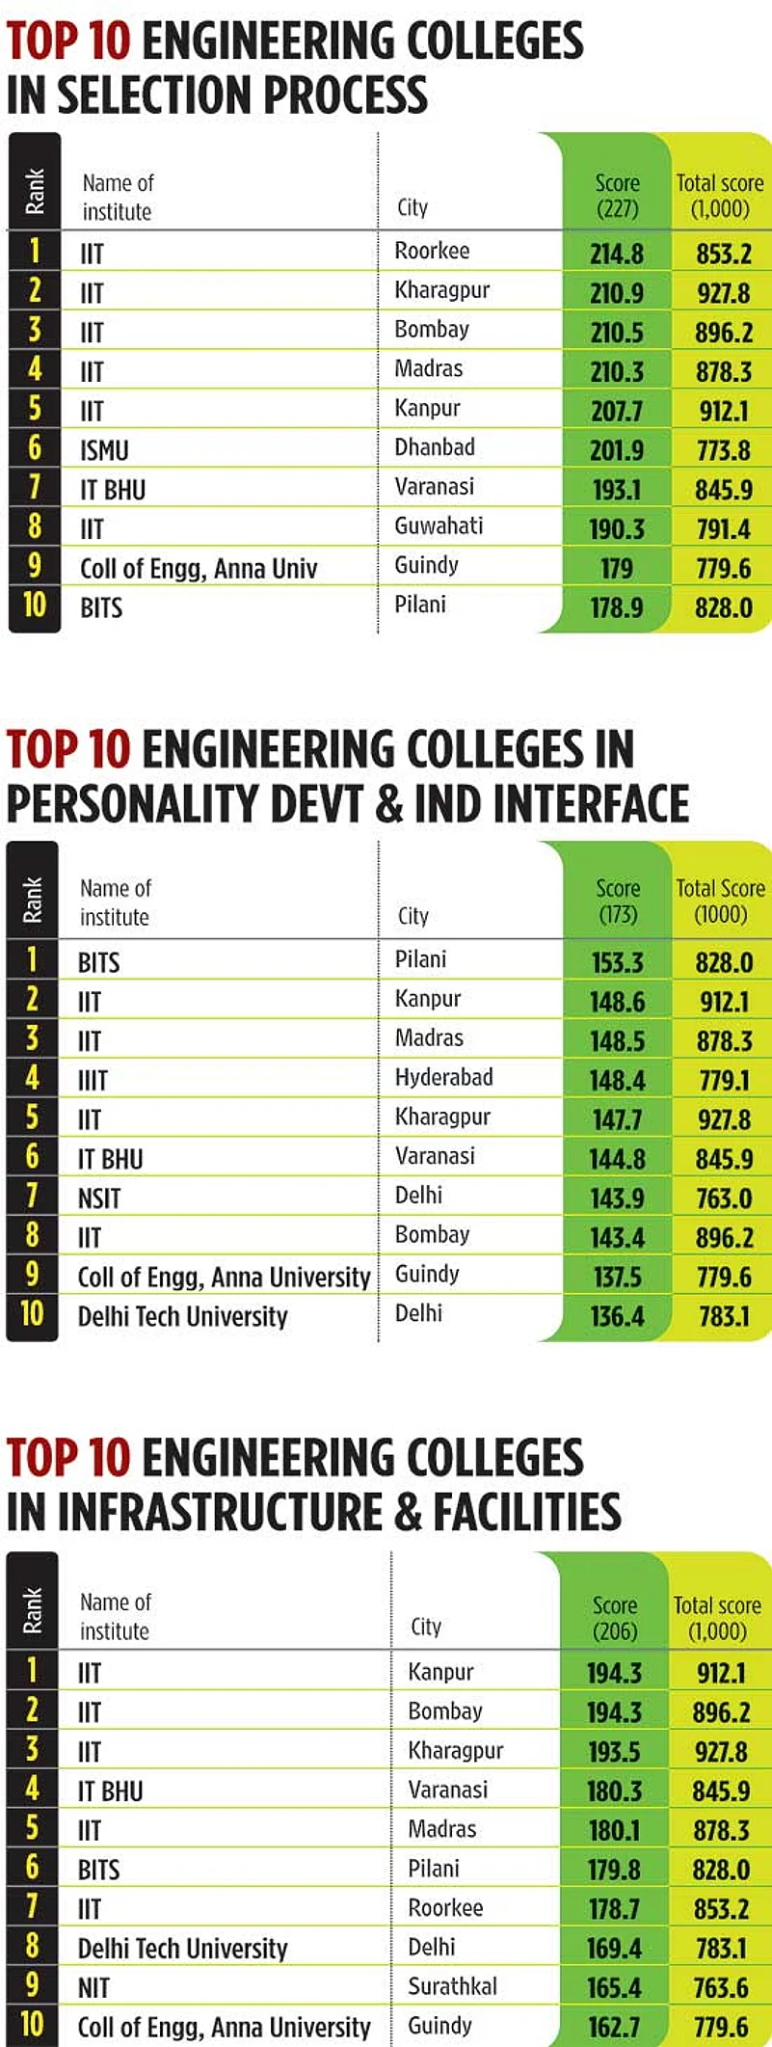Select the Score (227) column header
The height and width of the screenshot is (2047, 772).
click(x=617, y=195)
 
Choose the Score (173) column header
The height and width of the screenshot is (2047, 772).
click(x=618, y=901)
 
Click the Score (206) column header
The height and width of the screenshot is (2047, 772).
click(x=615, y=1617)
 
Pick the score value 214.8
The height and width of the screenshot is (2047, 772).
click(x=617, y=254)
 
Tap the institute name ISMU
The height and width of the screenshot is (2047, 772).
click(x=104, y=450)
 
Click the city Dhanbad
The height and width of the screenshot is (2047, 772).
click(x=435, y=447)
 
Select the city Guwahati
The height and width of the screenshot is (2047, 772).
click(x=439, y=526)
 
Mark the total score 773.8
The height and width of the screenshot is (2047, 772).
click(x=723, y=450)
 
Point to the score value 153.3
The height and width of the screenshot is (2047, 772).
click(x=617, y=962)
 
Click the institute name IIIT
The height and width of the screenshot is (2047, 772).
click(x=93, y=1081)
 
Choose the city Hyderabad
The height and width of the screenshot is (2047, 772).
click(x=443, y=1077)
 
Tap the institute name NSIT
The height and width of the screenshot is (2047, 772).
click(x=99, y=1199)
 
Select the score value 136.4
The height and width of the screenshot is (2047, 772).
click(x=617, y=1316)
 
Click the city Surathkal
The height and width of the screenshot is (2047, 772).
click(x=452, y=1986)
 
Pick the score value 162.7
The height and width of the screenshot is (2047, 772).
click(x=614, y=2027)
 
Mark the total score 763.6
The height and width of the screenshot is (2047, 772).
click(x=721, y=1988)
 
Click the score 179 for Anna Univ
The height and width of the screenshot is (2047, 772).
click(x=617, y=568)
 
